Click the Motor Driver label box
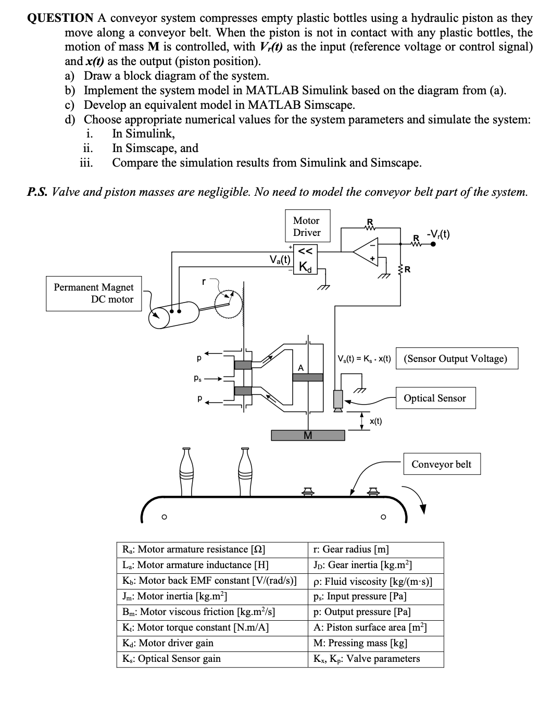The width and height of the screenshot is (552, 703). [306, 227]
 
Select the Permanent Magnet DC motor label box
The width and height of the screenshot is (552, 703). [94, 293]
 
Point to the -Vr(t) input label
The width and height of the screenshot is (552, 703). [437, 234]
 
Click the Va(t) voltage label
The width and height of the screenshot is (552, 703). [279, 258]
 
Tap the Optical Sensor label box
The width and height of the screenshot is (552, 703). [435, 398]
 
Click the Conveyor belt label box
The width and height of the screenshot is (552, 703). [441, 464]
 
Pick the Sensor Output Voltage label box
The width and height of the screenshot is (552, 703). [456, 359]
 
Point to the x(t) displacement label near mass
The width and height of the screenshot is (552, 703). [375, 421]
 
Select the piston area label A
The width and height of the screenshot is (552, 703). [300, 368]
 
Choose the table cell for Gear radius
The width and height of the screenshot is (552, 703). [375, 549]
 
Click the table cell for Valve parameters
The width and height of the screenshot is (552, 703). [375, 659]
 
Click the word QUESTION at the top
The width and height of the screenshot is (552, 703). [59, 18]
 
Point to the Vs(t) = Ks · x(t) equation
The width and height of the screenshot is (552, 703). [364, 359]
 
